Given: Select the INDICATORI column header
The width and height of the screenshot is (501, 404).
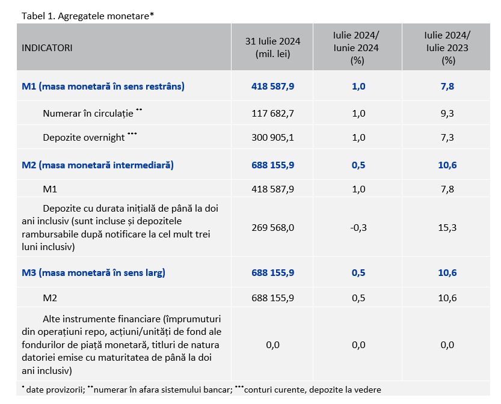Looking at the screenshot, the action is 47,48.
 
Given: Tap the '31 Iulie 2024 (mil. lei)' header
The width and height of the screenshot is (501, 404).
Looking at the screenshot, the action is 272,47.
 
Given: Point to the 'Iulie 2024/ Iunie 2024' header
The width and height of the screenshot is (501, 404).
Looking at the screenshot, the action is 356,47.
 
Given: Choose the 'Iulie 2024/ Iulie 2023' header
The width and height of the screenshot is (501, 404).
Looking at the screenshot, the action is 447,47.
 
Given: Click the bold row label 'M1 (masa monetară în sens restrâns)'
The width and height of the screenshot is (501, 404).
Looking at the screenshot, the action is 103,86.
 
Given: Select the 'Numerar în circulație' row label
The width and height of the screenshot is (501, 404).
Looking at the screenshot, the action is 88,114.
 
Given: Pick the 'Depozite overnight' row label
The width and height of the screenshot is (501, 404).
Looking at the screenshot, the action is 84,137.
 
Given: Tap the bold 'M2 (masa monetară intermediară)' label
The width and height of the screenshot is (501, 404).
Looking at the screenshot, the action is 97,165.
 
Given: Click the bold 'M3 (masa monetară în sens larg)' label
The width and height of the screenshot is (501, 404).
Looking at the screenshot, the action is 93,273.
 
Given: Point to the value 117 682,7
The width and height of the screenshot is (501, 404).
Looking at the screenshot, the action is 272,114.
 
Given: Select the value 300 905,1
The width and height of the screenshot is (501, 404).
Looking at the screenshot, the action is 272,137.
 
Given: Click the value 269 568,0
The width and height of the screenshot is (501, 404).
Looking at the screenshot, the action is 272,227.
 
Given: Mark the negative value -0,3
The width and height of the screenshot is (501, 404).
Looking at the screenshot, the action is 358,227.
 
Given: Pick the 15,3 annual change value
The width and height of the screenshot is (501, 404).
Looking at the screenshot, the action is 447,227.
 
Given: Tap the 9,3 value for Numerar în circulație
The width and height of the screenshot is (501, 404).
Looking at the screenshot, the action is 447,114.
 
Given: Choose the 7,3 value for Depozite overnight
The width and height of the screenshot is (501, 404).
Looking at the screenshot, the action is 447,137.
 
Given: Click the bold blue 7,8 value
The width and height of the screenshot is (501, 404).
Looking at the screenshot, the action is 447,86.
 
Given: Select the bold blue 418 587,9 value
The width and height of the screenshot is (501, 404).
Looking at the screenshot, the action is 272,86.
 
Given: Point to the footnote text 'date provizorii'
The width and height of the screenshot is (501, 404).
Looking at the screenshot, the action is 55,390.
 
